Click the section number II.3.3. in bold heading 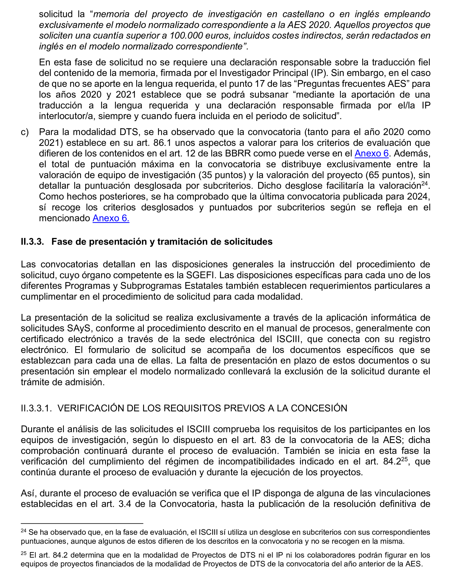(32, 242)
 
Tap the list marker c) (25, 132)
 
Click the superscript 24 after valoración (424, 183)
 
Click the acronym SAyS (79, 328)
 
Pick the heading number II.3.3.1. (36, 408)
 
